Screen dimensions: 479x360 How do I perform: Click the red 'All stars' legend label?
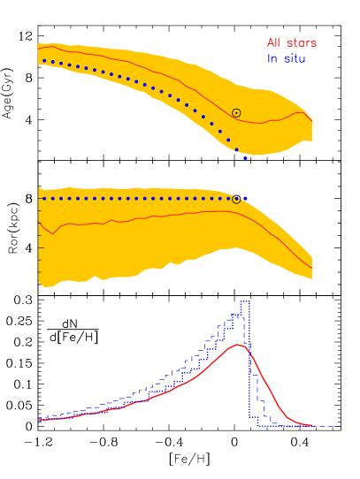291,43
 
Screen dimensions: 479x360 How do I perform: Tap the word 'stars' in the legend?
301,43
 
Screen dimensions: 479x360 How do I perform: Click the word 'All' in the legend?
274,43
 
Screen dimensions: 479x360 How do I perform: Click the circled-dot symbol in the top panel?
236,113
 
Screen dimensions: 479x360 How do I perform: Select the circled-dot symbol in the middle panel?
236,200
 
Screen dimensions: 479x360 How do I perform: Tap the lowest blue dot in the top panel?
245,158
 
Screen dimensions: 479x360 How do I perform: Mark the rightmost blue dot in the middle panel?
245,199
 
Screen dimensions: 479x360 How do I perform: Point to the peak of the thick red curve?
239,345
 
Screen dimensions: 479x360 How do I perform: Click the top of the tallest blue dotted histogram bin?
245,300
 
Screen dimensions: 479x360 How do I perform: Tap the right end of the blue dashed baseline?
341,426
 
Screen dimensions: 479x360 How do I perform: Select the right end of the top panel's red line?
311,118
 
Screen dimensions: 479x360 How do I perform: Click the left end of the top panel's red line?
39,48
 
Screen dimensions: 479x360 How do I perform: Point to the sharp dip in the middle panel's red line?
55,233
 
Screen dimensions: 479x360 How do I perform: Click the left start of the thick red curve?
39,420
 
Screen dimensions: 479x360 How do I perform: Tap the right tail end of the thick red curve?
315,425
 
